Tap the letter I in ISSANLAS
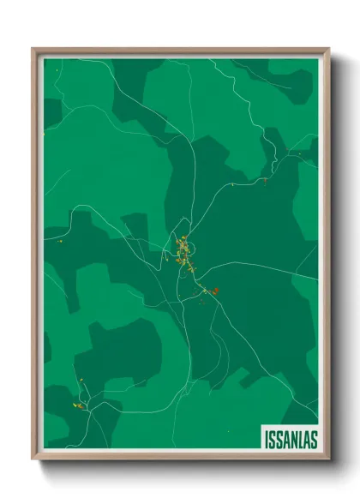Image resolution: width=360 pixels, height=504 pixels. tap(266, 439)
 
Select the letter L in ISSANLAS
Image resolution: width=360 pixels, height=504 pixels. tap(301, 439)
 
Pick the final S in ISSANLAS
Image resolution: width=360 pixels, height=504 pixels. tap(314, 439)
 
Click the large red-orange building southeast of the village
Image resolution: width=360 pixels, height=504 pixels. tap(215, 291)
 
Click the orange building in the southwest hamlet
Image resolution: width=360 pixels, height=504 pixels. tap(78, 404)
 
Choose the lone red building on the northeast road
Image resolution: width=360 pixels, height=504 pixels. tap(266, 181)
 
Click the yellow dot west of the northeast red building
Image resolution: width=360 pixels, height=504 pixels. tap(232, 183)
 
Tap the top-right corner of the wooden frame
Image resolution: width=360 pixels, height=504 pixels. tap(328, 50)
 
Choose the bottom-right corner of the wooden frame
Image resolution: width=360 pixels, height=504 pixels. tap(328, 459)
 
